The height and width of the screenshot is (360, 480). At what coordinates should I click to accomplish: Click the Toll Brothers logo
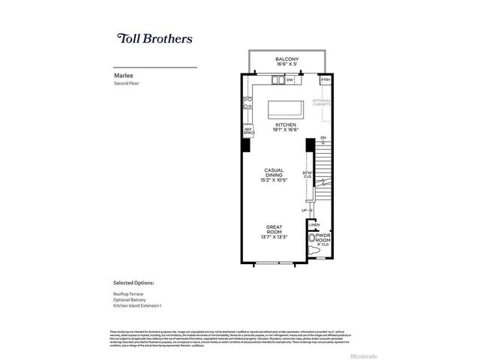coord(155,38)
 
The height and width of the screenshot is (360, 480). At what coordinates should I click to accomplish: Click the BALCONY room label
coord(286,59)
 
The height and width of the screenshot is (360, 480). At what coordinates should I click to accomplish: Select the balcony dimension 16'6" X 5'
coord(286,65)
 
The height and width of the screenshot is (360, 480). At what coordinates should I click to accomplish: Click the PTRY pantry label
coord(325,79)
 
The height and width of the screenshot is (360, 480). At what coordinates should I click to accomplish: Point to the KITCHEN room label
coord(286,124)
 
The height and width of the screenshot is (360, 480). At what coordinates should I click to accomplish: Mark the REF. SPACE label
coord(249,131)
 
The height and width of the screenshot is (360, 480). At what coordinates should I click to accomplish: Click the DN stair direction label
coord(323,138)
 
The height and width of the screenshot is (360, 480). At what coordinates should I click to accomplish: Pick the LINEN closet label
coord(314,224)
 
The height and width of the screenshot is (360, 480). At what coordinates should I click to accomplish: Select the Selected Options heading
coord(133,283)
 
